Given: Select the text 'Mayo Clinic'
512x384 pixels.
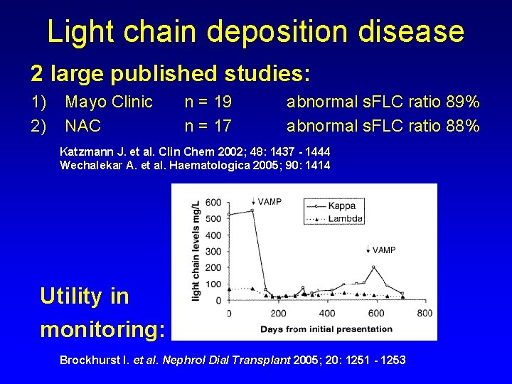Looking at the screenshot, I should point(109,102).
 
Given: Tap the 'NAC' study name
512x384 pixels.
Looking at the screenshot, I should point(82,127).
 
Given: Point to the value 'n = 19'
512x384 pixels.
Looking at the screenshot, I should point(208,102).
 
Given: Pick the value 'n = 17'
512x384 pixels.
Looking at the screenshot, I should point(208,127).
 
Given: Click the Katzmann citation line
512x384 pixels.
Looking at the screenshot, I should point(195,152).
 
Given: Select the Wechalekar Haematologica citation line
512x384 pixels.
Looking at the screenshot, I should point(195,166).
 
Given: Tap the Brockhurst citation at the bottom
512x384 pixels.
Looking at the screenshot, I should point(233,360).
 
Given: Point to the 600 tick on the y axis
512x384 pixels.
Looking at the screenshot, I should point(213,202).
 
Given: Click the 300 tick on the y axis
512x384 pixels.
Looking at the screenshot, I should point(213,251).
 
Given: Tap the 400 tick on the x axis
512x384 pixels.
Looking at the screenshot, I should point(326,314).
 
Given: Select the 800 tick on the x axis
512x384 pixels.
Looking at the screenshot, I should point(424,314).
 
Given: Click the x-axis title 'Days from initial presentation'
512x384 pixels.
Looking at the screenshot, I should point(326,329).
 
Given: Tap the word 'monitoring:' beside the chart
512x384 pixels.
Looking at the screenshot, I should point(102,329).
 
